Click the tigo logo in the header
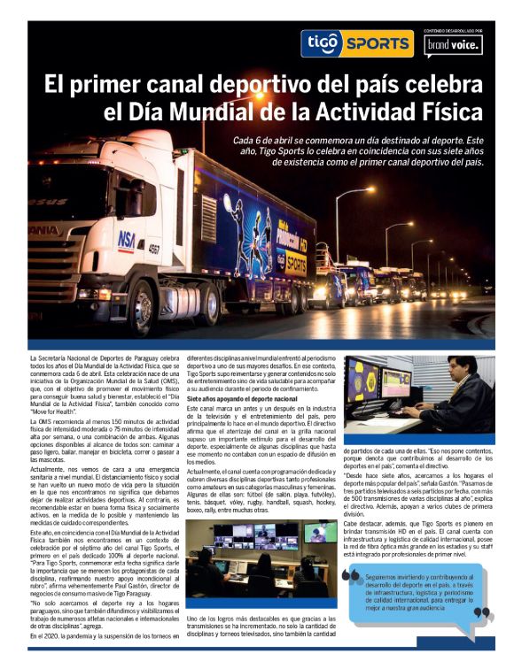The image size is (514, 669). [317, 42]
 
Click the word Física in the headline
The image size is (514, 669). [450, 112]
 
